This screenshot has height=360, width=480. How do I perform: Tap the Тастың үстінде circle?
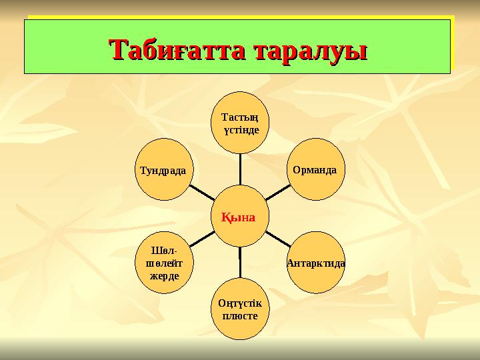(x=240, y=122)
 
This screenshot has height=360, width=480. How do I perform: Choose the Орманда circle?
(x=314, y=169)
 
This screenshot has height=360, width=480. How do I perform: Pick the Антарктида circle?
(x=315, y=263)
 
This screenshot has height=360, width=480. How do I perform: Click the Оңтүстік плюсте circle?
(x=239, y=309)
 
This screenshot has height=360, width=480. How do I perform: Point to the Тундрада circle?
(x=164, y=169)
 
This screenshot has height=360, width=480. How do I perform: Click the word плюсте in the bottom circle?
(x=239, y=315)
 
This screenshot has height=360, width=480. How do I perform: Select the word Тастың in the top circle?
(x=240, y=117)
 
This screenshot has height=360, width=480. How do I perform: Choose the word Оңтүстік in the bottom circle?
(x=239, y=303)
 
